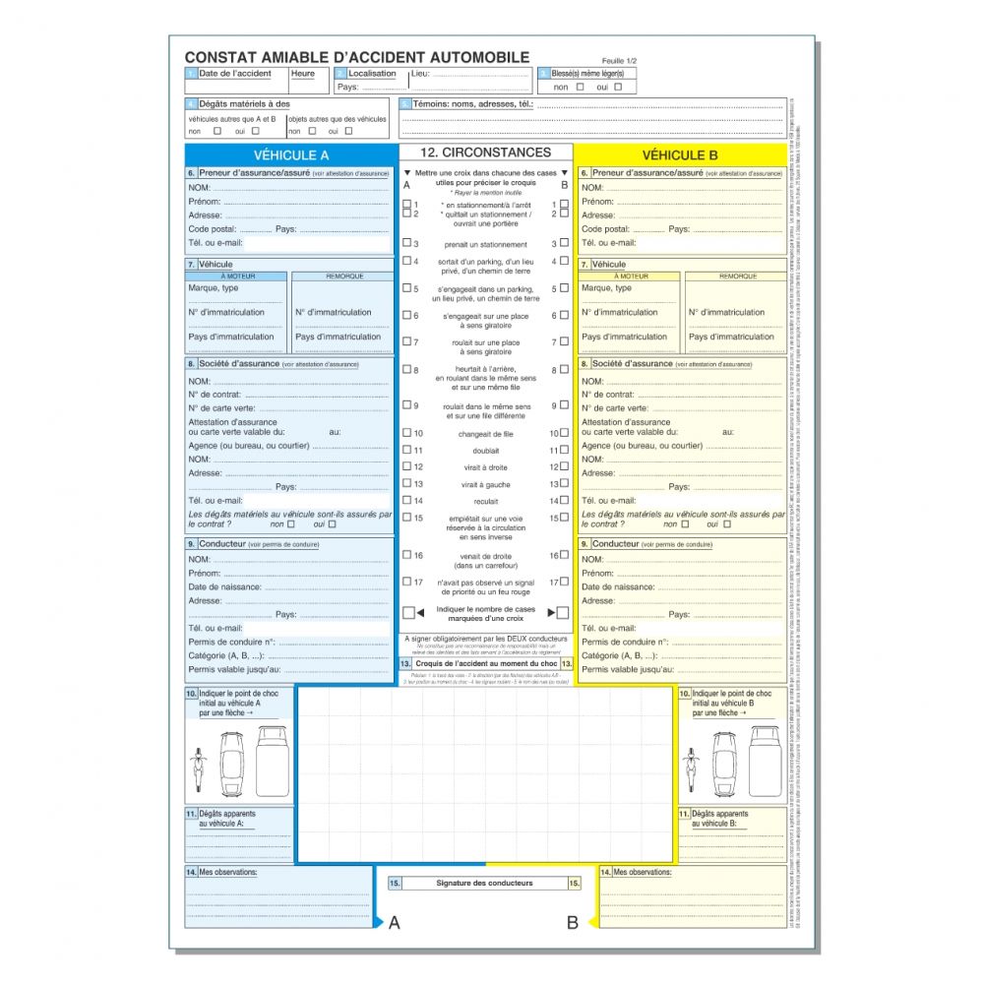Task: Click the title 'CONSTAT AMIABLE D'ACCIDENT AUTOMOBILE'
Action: (356, 58)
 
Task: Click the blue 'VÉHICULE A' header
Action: (291, 154)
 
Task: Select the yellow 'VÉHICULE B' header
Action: (680, 154)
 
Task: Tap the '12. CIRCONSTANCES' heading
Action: (485, 153)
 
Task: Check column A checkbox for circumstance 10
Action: (407, 433)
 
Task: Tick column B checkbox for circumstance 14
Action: (564, 501)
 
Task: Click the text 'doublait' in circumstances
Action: (485, 450)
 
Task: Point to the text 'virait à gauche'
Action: (485, 484)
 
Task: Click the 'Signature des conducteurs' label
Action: (484, 883)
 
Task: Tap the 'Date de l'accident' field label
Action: (234, 74)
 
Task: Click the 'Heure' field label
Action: (303, 74)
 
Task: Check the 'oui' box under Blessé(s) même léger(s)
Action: (618, 87)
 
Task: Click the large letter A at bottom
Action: (395, 923)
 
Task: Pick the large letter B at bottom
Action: (572, 923)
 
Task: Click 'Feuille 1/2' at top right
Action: (620, 61)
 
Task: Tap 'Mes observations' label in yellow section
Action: (642, 872)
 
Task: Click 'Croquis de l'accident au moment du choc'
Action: (486, 664)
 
